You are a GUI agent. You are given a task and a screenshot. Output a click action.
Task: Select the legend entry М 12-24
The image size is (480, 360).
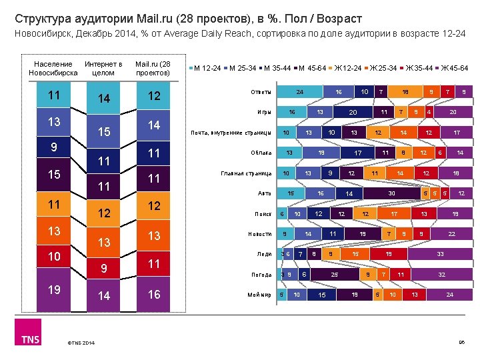coord(208,68)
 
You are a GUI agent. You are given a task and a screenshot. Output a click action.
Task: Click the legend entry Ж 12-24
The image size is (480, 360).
coord(347,68)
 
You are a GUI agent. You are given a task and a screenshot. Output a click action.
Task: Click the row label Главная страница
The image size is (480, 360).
coord(245,173)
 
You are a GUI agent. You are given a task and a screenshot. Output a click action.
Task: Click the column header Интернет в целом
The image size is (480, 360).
coord(103,68)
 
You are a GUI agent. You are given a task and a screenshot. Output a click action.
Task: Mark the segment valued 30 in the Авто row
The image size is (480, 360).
coord(392,193)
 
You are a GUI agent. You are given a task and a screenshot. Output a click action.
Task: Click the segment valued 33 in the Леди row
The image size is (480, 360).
coord(439,254)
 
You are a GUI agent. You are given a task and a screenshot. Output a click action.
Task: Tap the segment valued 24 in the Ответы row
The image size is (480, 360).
coord(300,91)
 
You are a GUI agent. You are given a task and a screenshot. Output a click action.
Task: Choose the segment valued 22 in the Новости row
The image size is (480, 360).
coord(451,234)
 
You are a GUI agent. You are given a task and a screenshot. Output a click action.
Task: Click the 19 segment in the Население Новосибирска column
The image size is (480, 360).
coord(53,290)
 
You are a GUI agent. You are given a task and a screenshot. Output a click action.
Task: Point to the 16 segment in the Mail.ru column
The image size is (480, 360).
coord(154,294)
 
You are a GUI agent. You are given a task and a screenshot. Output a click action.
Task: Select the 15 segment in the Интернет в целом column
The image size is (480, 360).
coord(103,133)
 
